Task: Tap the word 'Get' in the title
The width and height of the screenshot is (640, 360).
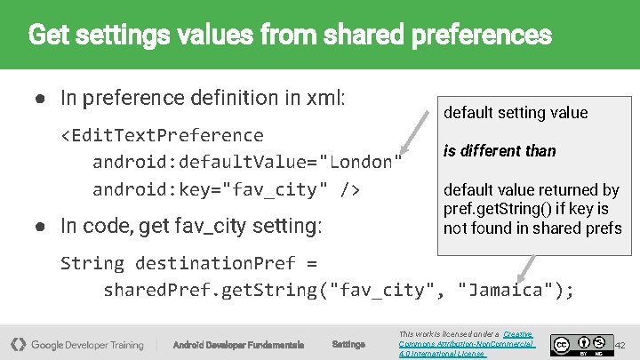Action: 47,36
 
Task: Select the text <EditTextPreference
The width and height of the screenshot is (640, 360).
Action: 162,135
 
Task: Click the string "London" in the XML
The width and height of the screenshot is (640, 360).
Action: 361,162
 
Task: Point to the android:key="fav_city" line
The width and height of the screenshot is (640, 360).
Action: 226,189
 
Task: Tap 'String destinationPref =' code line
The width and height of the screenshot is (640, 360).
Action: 188,263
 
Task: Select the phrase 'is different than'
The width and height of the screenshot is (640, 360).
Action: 500,151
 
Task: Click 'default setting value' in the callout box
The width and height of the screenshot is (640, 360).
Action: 516,113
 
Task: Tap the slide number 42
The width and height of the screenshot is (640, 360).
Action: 621,344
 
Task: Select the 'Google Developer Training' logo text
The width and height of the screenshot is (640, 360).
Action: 87,345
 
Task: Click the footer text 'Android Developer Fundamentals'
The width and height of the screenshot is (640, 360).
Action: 238,345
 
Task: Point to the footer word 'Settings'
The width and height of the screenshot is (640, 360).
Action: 348,344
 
